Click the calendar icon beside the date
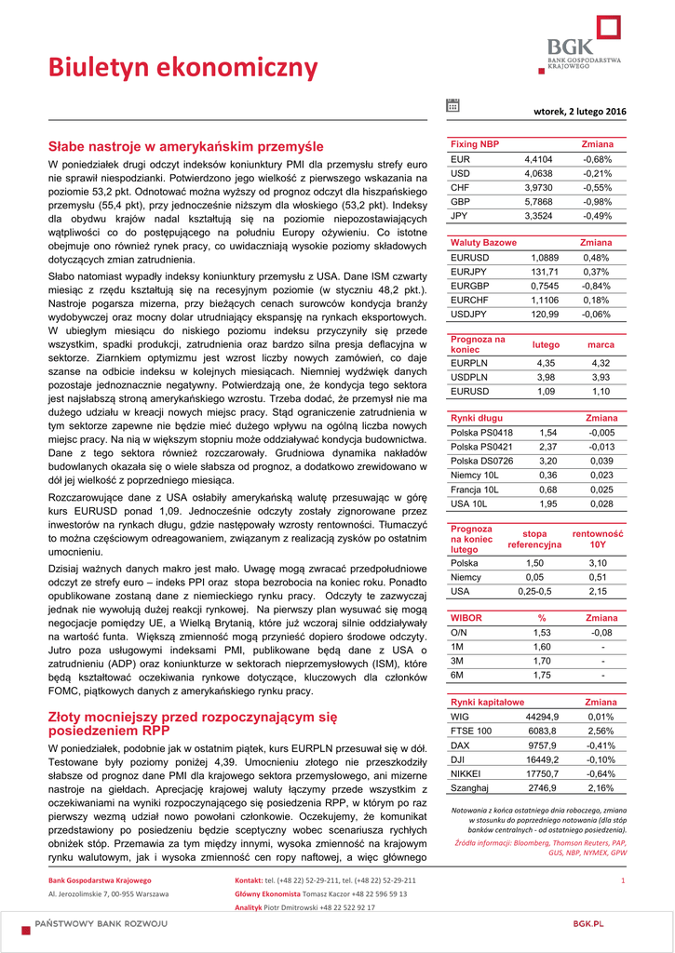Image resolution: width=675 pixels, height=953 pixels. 452,106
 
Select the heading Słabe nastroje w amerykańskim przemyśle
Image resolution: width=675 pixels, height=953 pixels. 185,146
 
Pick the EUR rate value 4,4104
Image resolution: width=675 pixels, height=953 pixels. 538,159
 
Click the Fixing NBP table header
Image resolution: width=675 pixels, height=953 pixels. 475,144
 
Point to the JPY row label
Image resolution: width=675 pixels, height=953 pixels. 459,215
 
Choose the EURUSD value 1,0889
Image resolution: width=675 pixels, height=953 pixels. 544,257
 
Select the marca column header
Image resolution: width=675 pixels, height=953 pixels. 601,344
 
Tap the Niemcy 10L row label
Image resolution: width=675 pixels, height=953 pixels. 475,475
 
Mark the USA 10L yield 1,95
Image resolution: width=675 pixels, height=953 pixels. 547,503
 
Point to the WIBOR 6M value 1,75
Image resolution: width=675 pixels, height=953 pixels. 542,675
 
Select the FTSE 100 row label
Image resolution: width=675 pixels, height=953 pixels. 470,731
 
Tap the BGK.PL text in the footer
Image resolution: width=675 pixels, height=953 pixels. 588,922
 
